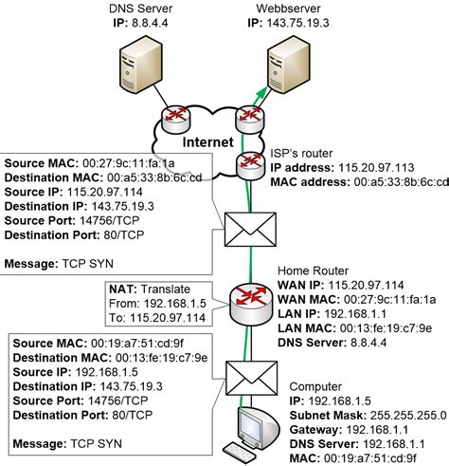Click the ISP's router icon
tap(249, 167)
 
